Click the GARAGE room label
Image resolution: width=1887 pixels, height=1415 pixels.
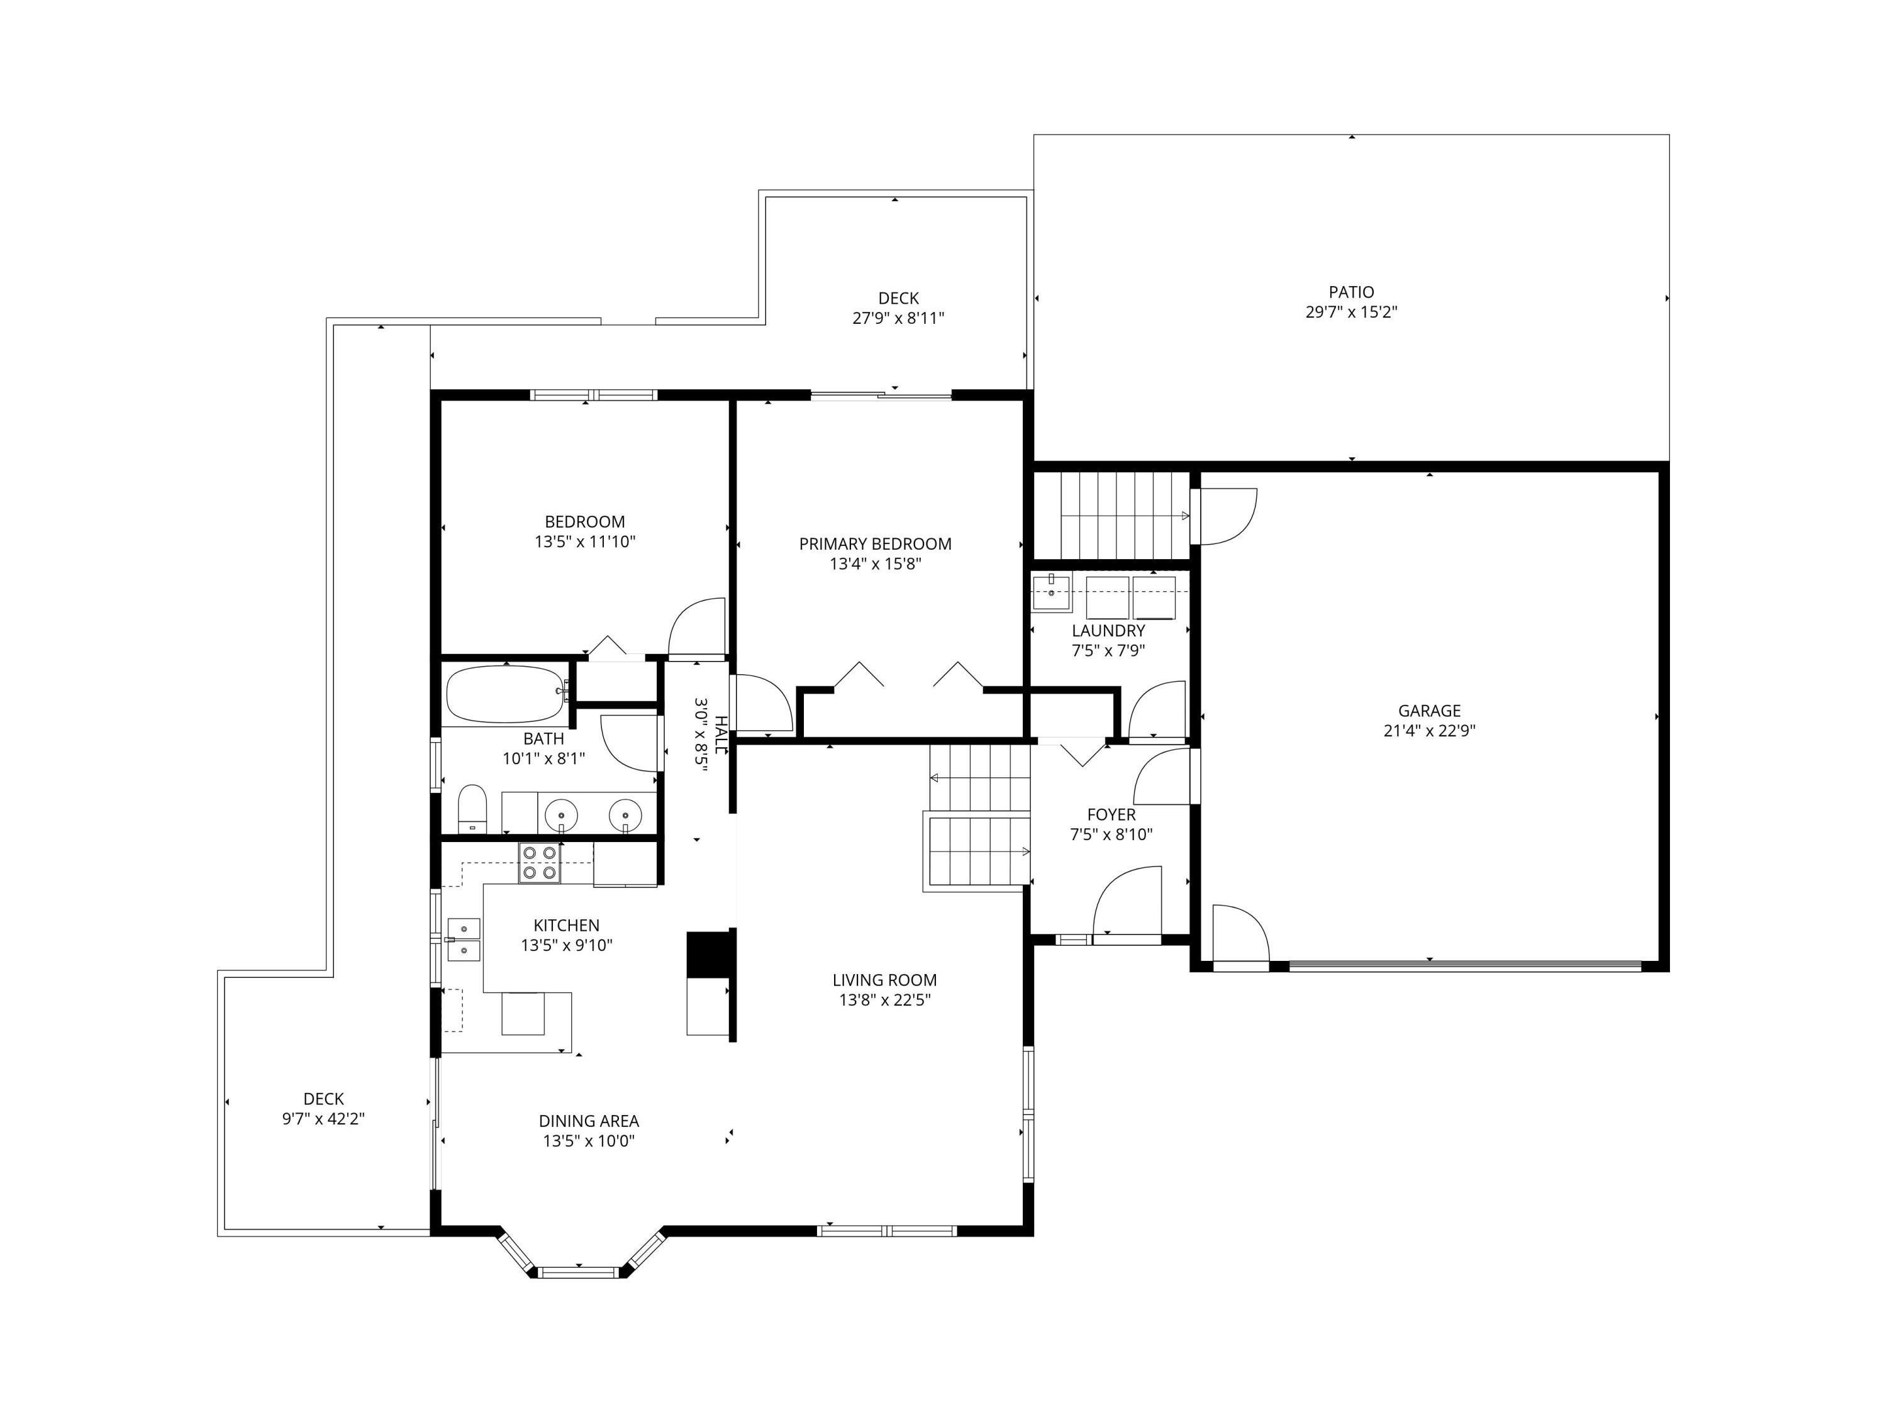[x=1429, y=711]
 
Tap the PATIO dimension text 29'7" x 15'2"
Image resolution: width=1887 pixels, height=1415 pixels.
[x=1351, y=312]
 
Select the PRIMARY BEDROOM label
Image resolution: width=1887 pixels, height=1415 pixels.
[x=876, y=544]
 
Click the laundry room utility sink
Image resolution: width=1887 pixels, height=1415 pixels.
[x=1052, y=593]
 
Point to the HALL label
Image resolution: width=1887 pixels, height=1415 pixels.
[x=721, y=735]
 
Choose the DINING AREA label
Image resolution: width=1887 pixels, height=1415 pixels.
[x=589, y=1121]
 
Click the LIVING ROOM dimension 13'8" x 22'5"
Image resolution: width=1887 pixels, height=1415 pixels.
[x=884, y=1001]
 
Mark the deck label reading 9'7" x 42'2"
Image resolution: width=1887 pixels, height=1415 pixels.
[x=323, y=1119]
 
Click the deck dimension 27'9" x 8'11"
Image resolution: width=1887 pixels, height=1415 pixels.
[x=898, y=319]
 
